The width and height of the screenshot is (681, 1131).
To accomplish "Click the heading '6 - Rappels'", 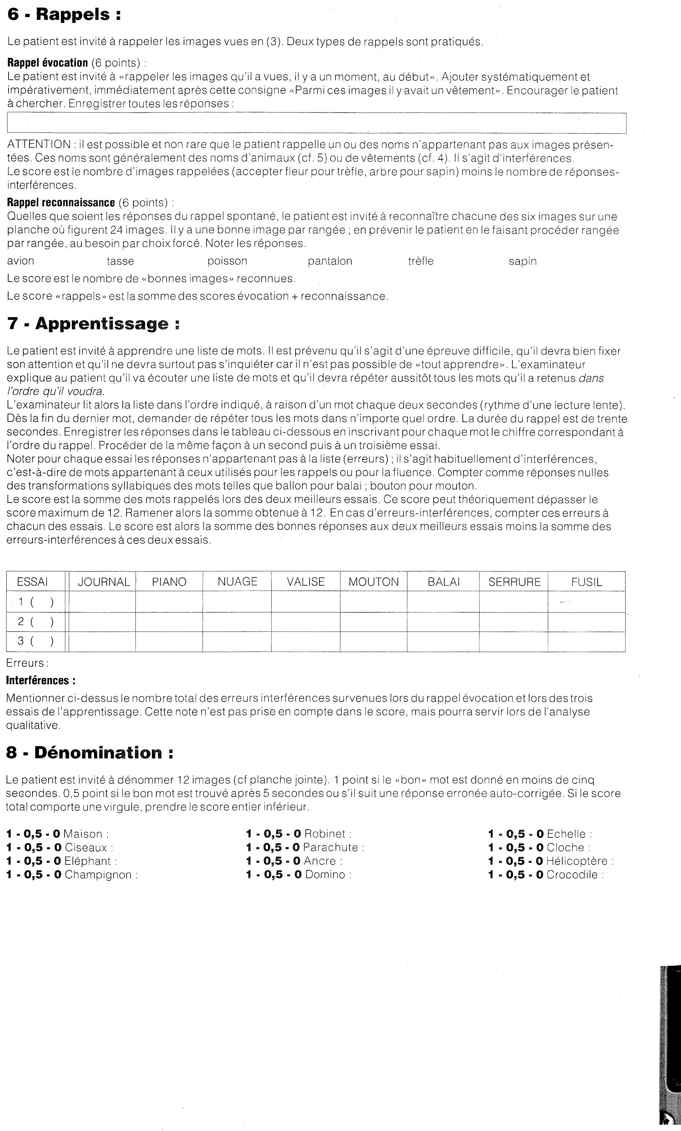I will pos(64,15).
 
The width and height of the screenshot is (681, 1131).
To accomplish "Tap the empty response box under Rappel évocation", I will pos(317,123).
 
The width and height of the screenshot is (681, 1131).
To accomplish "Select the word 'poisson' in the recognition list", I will pos(227,261).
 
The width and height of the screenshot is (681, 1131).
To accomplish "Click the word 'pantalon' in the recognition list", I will pos(330,261).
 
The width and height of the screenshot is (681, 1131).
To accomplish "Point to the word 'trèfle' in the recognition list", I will pos(421,261).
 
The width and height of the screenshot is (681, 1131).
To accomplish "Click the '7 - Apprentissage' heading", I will pos(94,324).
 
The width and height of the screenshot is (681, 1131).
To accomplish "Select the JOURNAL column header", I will pos(104,582).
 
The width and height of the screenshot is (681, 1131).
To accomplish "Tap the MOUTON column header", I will pos(374,582).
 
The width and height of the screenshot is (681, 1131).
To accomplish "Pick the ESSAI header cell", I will pos(32,582).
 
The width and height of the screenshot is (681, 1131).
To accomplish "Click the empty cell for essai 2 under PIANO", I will pos(169,622).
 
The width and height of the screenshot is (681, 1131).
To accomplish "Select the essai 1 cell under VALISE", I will pos(306,602).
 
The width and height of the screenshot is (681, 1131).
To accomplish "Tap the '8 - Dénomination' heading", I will pos(90,753).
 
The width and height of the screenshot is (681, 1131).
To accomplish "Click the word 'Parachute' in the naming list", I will pos(330,847).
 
